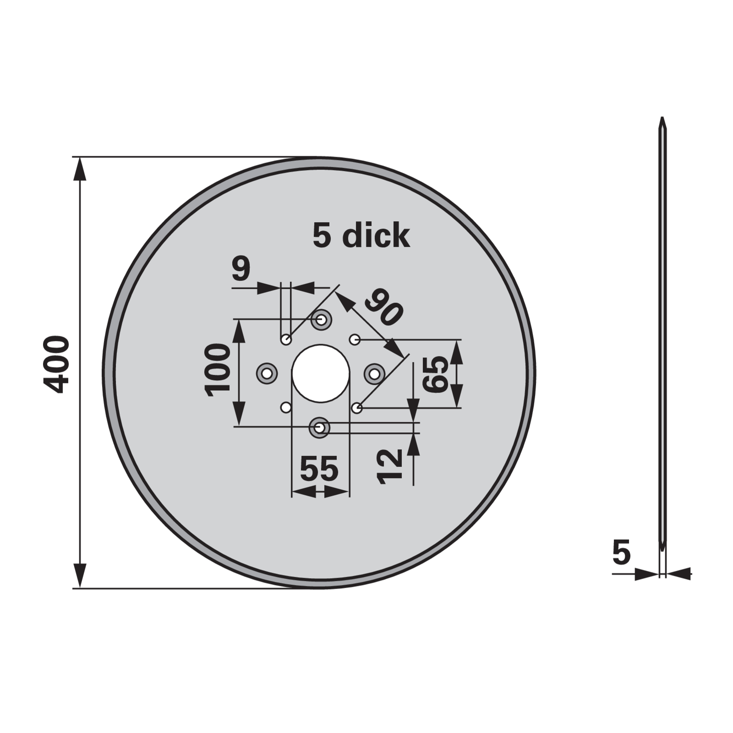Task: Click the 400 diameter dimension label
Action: [x=56, y=364]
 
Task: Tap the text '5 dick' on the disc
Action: [x=361, y=235]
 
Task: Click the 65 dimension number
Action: [x=436, y=374]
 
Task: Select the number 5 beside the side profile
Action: [x=621, y=552]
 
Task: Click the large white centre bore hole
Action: [x=321, y=373]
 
